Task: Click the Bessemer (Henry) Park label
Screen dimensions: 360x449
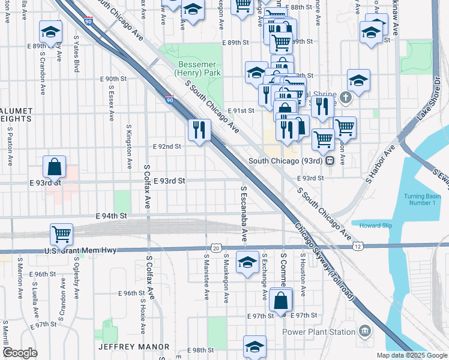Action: [x=197, y=68]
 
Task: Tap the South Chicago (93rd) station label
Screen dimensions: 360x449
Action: [x=288, y=161]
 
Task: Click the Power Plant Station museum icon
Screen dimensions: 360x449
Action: [x=364, y=331]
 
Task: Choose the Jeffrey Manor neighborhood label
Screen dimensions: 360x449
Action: [x=134, y=347]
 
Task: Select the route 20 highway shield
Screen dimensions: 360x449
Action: [x=215, y=248]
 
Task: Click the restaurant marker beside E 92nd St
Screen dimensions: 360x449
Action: [x=199, y=130]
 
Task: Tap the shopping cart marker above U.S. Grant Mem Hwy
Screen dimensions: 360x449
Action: [x=61, y=233]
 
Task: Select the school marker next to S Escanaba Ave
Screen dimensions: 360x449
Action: [x=247, y=263]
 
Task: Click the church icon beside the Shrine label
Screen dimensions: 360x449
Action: [x=345, y=97]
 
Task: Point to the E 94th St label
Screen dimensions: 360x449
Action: [x=112, y=215]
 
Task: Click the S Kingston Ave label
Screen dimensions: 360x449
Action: [x=129, y=147]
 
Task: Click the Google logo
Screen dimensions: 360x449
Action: [x=20, y=353]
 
